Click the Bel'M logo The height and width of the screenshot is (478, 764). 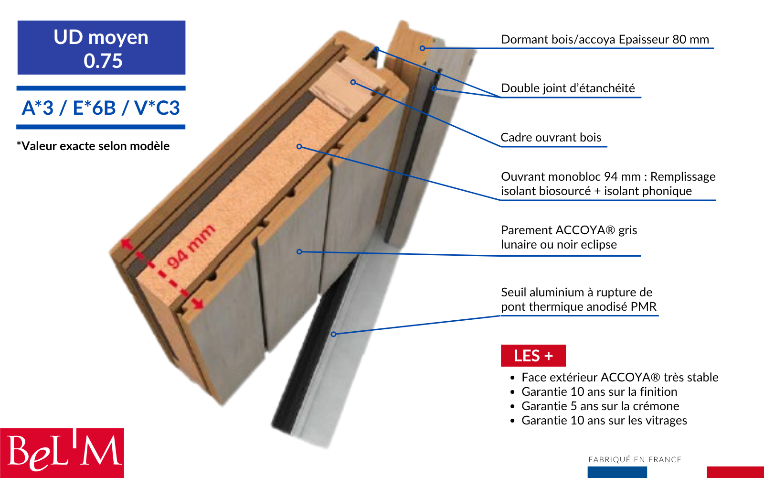coord(62,453)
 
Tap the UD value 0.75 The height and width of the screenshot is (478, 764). coord(103,61)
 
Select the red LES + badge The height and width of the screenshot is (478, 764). coord(533,356)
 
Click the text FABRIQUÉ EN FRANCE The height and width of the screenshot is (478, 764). coord(635,459)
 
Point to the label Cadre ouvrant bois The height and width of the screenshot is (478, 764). coord(551,138)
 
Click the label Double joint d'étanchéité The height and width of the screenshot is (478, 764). coord(568,88)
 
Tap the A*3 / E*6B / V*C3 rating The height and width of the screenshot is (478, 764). coord(101,108)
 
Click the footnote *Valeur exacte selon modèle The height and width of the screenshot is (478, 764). coord(93,146)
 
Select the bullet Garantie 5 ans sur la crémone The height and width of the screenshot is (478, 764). coord(600,406)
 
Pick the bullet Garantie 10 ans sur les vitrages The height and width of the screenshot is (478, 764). coord(604,421)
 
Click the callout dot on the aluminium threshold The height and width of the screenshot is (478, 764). coord(334,334)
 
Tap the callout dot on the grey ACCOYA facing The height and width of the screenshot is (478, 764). coord(299,251)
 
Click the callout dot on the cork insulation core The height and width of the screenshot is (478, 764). coord(299,146)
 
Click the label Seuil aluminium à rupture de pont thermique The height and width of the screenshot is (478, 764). coord(578,299)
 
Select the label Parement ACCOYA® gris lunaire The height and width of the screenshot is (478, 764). coord(569,237)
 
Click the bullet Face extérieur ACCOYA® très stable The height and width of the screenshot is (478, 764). coord(619,378)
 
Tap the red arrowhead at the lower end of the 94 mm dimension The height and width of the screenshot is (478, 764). coord(198,304)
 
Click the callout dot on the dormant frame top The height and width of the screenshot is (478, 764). coord(422,48)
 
